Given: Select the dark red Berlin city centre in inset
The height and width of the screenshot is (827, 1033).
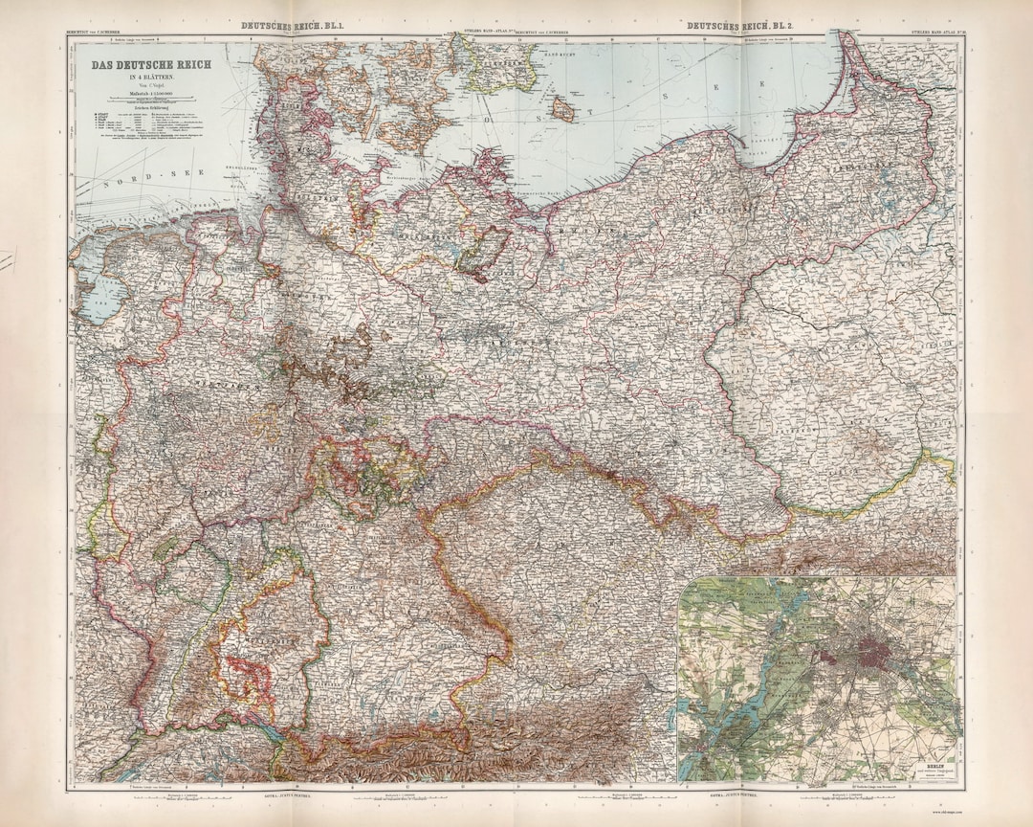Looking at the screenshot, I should (x=875, y=656).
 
